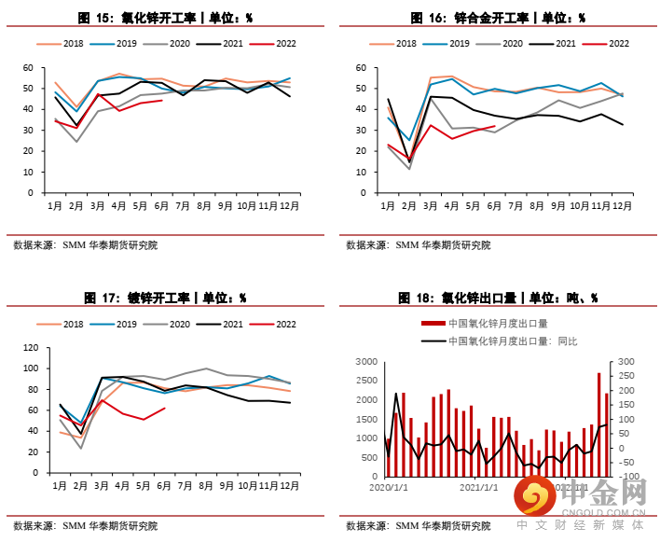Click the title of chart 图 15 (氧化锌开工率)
(x=165, y=18)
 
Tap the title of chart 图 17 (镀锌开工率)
(x=165, y=298)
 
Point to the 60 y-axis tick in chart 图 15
(x=28, y=68)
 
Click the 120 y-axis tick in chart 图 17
(x=30, y=348)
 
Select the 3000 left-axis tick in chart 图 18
(x=367, y=362)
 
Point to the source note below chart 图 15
(x=86, y=245)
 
